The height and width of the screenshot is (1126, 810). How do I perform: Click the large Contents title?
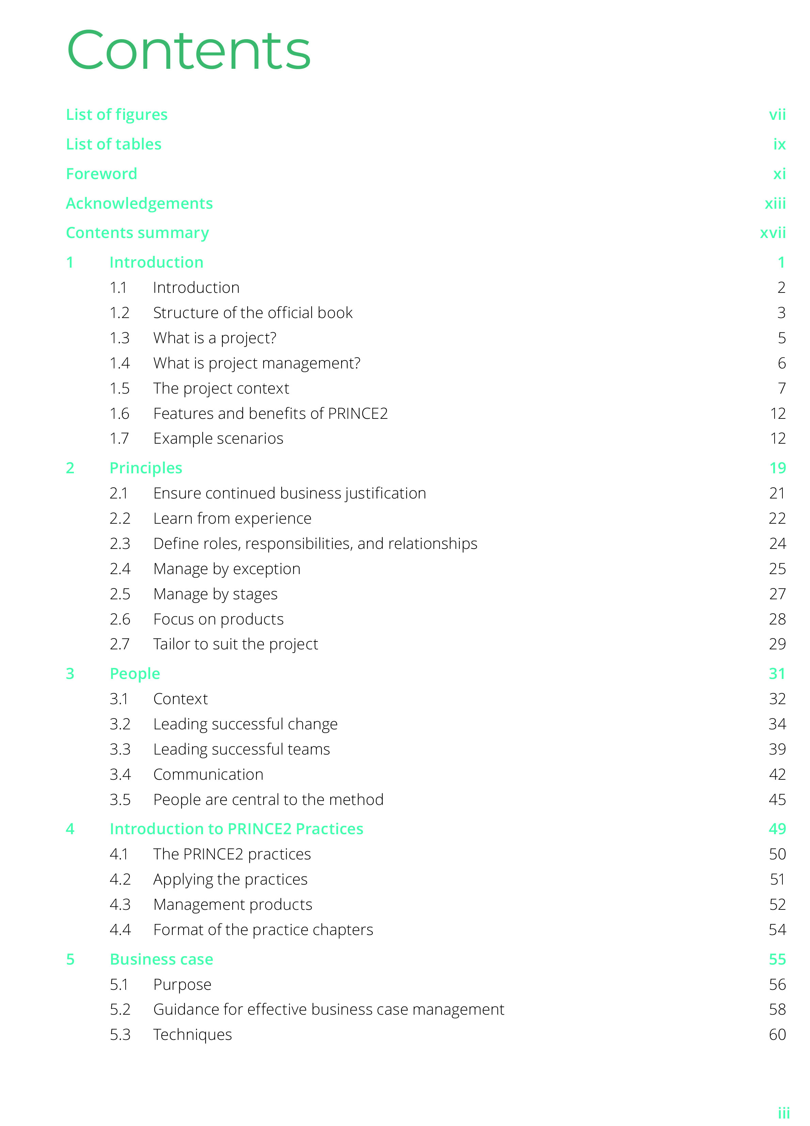(189, 51)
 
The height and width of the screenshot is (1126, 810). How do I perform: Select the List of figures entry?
(117, 115)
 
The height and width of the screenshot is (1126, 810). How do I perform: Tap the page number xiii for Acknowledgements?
(775, 204)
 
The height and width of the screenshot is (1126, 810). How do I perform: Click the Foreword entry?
(101, 174)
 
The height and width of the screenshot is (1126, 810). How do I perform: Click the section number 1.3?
(120, 338)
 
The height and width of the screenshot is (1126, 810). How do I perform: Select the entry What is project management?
(257, 363)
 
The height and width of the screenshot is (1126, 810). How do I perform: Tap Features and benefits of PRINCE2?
(270, 414)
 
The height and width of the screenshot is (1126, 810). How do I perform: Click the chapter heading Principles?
(146, 468)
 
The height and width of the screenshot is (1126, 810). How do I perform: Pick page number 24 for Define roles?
(777, 544)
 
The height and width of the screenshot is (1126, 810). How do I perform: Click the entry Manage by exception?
(227, 569)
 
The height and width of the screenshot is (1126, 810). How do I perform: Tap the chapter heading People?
(135, 674)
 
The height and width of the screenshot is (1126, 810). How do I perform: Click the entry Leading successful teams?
(242, 749)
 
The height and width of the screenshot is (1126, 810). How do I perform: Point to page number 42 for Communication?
(777, 775)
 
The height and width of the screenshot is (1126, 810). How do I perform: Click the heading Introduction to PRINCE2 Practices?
(236, 829)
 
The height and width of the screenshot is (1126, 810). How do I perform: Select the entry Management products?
(233, 905)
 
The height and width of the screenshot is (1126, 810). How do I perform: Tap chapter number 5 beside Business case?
(70, 959)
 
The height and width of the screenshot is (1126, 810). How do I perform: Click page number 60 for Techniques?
(777, 1035)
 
